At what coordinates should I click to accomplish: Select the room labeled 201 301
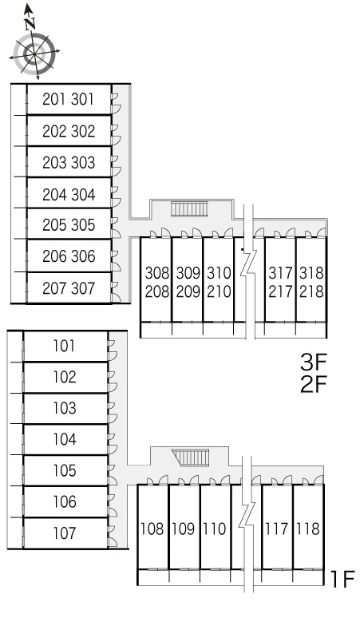click(69, 99)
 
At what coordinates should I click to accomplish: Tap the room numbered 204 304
click(69, 194)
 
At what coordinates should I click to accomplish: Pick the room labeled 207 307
click(69, 288)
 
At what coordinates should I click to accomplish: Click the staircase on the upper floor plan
click(189, 208)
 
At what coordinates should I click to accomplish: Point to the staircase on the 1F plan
click(191, 457)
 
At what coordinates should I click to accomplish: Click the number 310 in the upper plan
click(219, 272)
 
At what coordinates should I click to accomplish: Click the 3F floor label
click(314, 362)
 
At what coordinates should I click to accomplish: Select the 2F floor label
click(314, 384)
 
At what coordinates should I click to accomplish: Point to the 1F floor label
click(342, 580)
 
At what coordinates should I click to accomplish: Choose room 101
click(65, 346)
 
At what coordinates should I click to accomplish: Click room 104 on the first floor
click(65, 439)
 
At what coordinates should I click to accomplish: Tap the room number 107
click(65, 533)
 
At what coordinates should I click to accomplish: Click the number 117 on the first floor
click(277, 529)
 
